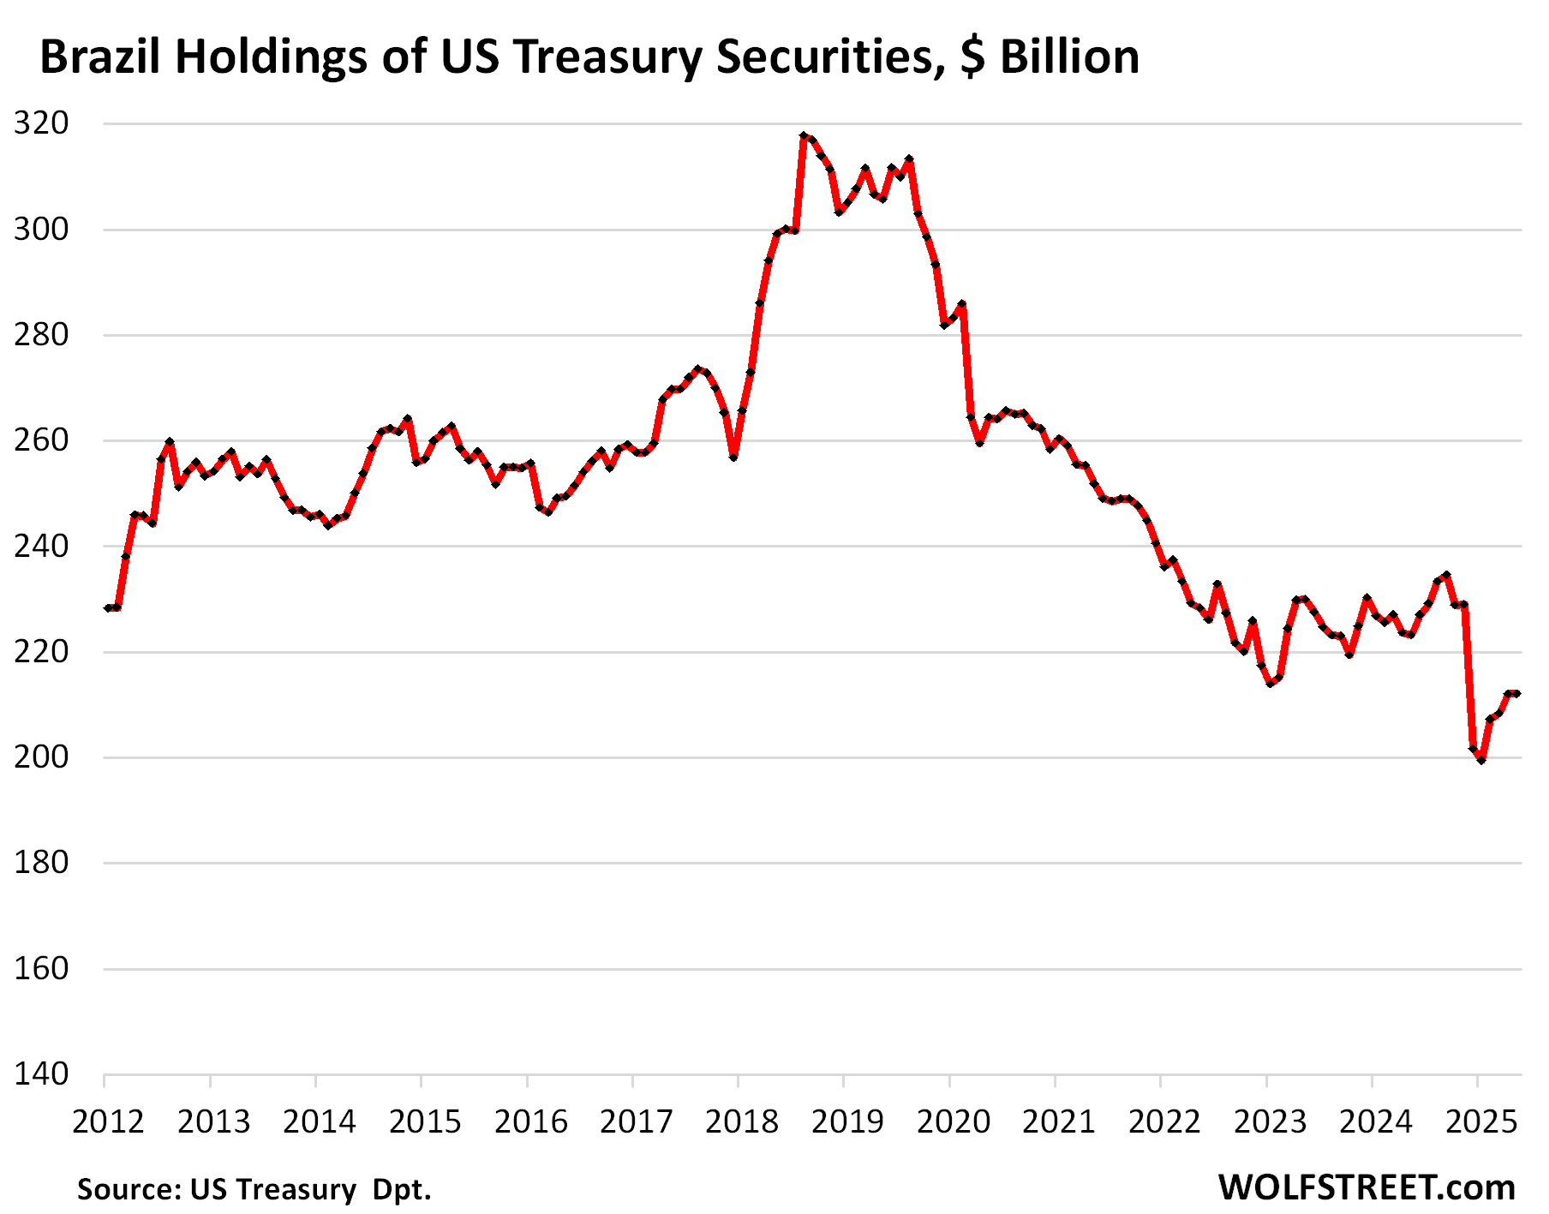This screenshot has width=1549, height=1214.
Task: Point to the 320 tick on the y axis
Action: [x=41, y=123]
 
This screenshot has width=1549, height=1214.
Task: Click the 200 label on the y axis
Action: [x=41, y=757]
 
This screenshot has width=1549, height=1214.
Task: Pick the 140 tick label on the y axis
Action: [x=41, y=1073]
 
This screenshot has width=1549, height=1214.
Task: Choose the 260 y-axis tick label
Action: [x=41, y=440]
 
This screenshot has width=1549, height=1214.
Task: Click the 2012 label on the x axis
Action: [x=108, y=1121]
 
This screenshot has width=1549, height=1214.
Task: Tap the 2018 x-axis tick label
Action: [x=742, y=1121]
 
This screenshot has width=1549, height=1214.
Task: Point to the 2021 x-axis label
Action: [x=1059, y=1121]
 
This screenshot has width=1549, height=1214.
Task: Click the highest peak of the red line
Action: [x=804, y=135]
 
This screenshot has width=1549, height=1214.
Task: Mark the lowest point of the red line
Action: [x=1481, y=760]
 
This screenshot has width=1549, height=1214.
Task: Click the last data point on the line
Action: [x=1517, y=693]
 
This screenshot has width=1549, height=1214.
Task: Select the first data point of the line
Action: [x=108, y=608]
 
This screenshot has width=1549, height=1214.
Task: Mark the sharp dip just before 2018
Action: [x=733, y=457]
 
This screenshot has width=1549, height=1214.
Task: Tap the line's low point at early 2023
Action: [x=1270, y=684]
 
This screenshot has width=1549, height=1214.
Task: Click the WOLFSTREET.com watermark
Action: [x=1367, y=1188]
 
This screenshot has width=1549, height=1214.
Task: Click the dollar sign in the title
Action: [x=972, y=57]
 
